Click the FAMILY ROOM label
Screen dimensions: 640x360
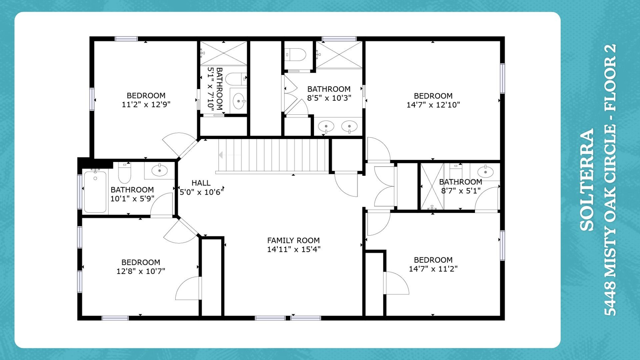pyautogui.click(x=293, y=240)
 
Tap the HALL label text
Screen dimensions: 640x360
pyautogui.click(x=201, y=183)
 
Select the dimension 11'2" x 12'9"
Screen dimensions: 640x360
pyautogui.click(x=146, y=105)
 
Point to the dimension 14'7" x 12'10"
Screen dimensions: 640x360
pyautogui.click(x=433, y=105)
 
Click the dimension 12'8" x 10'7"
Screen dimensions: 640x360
pyautogui.click(x=141, y=271)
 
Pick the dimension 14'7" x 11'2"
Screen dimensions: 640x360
pyautogui.click(x=433, y=269)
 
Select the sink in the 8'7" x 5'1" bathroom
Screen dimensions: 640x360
pyautogui.click(x=485, y=171)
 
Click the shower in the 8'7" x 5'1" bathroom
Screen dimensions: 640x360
pyautogui.click(x=432, y=186)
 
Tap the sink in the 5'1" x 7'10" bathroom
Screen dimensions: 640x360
pyautogui.click(x=238, y=101)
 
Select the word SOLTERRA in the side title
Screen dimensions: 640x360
pyautogui.click(x=587, y=180)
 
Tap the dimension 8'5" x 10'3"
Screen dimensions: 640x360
pyautogui.click(x=329, y=98)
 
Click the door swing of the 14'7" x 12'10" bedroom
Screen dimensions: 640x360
pyautogui.click(x=379, y=149)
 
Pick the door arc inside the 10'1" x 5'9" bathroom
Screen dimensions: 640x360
pyautogui.click(x=162, y=204)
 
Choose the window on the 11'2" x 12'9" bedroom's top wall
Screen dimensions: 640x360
pyautogui.click(x=126, y=39)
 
